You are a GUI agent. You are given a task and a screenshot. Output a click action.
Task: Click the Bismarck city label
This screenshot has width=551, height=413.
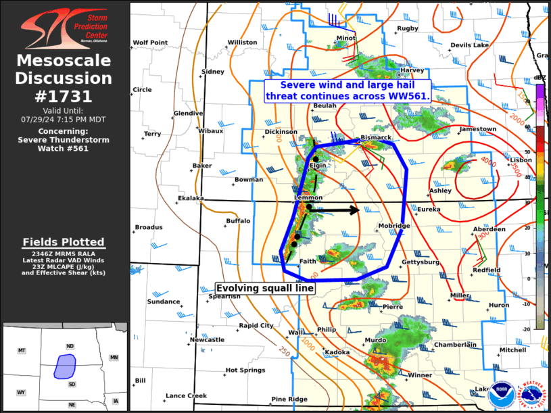tap(376, 137)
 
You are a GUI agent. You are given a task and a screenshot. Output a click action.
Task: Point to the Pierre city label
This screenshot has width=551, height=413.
tap(393, 306)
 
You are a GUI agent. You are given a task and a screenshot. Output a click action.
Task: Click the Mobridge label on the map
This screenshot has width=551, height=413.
tap(394, 226)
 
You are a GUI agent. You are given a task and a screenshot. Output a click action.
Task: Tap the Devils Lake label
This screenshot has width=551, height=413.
tap(469, 45)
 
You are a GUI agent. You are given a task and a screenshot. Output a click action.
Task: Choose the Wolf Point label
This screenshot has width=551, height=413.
tap(150, 43)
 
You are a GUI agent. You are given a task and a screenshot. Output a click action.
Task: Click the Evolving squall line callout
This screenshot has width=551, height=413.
tap(265, 288)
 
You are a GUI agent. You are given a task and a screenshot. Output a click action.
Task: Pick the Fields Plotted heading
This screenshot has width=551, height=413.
tap(64, 242)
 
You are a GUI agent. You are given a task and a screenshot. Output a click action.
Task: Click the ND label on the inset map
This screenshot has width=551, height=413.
tap(70, 346)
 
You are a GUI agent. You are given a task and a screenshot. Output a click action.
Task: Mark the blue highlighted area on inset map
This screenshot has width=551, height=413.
tap(65, 366)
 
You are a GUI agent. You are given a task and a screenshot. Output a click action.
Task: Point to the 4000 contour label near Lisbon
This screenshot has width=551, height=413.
tap(488, 160)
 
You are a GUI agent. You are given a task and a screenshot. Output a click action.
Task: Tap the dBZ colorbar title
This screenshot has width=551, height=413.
tap(540, 79)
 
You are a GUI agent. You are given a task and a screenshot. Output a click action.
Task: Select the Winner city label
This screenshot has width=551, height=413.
tap(419, 374)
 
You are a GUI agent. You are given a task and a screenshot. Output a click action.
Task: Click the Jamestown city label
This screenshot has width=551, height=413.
tap(477, 128)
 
